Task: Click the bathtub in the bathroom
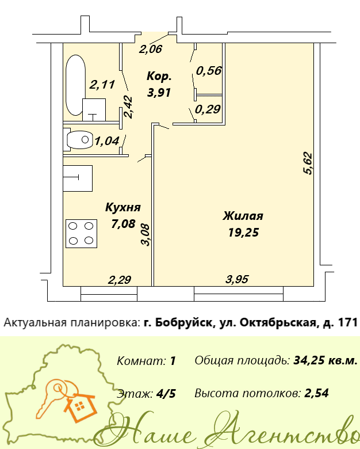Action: point(75,85)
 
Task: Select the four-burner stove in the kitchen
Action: point(81,233)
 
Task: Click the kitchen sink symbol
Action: point(78,178)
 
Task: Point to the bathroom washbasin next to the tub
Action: point(94,110)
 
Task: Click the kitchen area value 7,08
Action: point(122,224)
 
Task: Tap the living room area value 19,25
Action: point(243,232)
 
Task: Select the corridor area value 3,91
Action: point(159,93)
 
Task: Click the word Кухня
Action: point(123,207)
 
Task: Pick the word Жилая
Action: point(243,216)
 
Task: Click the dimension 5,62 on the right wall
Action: point(308,163)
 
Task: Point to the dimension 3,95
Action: point(237,279)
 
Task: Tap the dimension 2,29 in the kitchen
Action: point(120,280)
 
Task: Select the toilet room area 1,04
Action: point(107,141)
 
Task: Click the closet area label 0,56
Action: point(209,70)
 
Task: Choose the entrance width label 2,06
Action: point(151,49)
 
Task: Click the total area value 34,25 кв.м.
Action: point(325,360)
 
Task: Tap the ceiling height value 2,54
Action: point(316,393)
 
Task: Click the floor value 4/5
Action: point(166,394)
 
